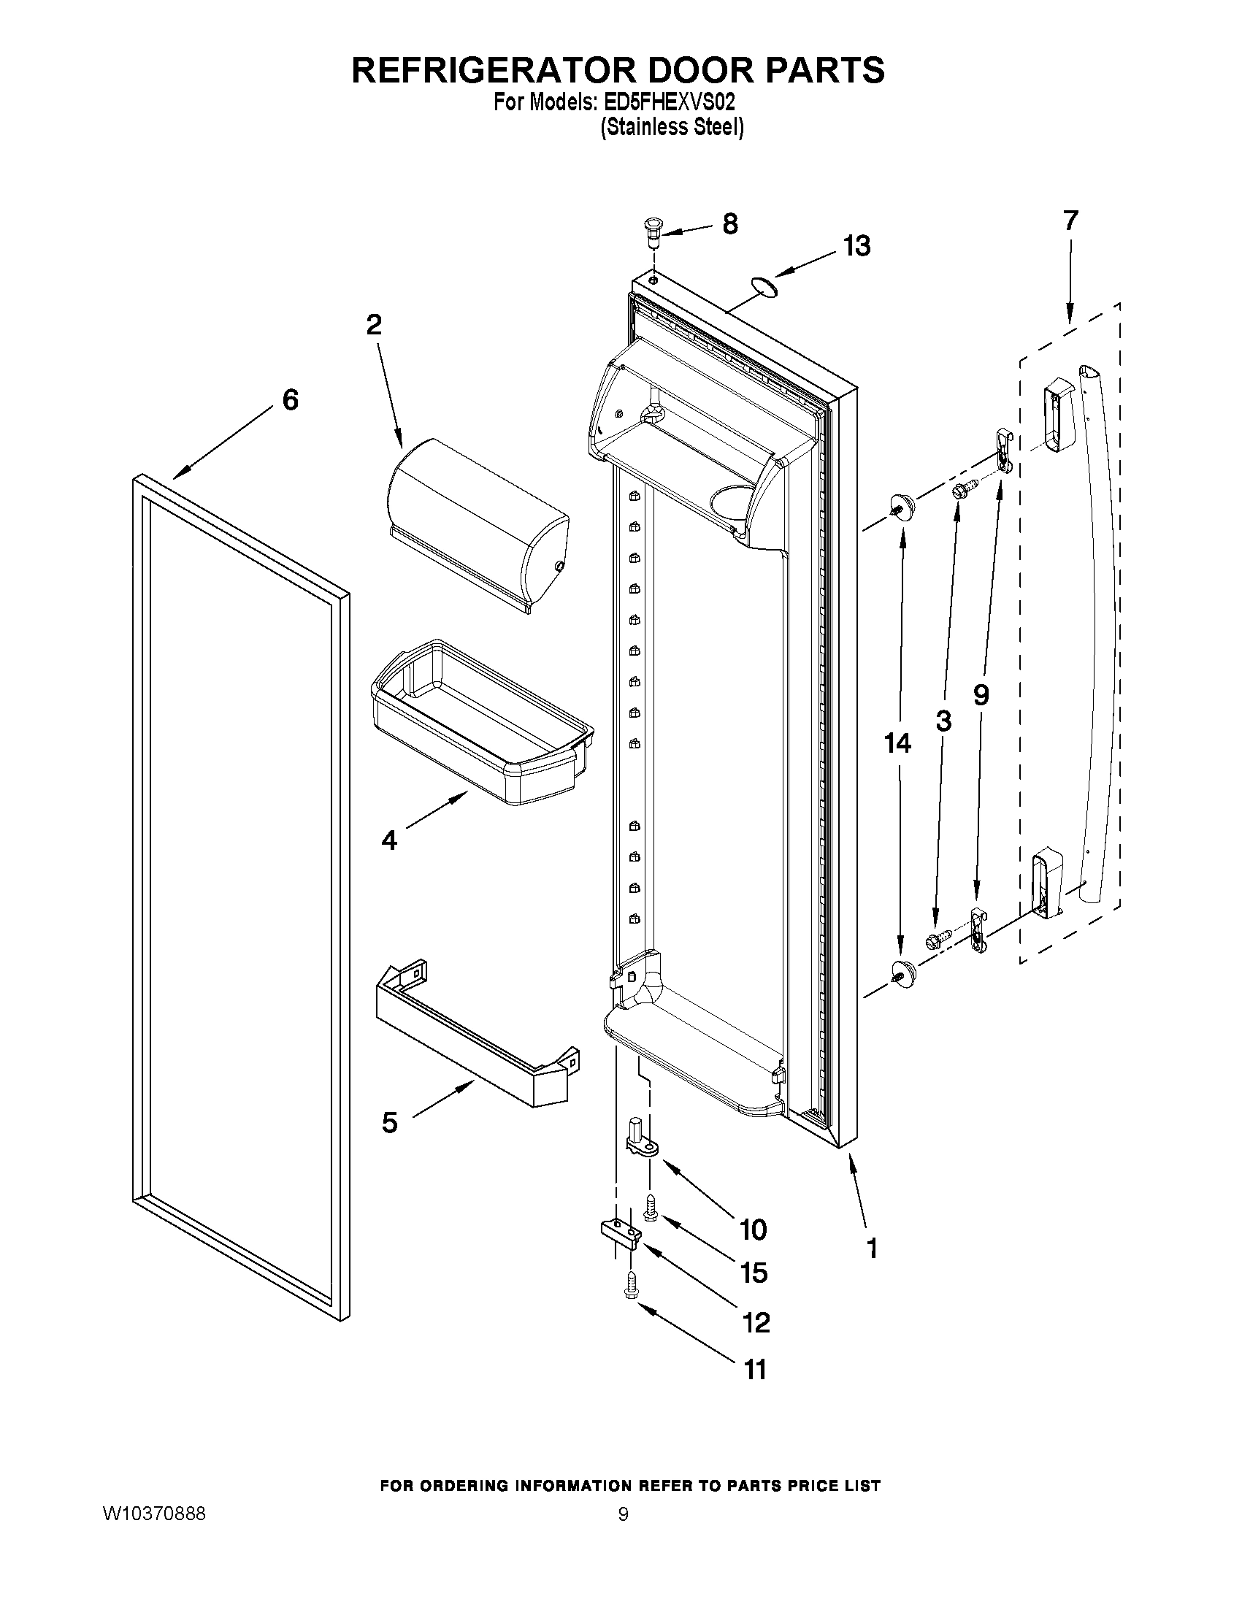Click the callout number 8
(x=730, y=223)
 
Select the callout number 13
(x=857, y=247)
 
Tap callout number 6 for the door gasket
(x=291, y=400)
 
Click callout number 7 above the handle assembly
(x=1070, y=220)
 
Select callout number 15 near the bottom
(x=754, y=1273)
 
